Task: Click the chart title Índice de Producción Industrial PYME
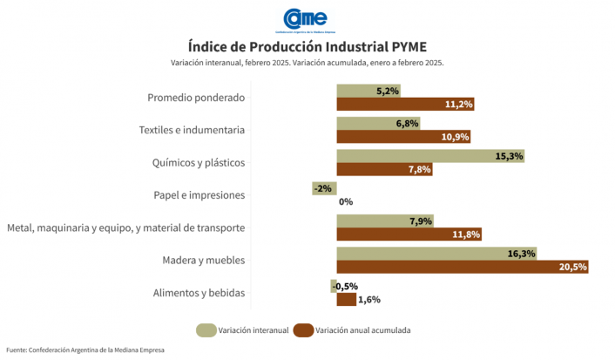[x=307, y=45]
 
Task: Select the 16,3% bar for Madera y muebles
[x=436, y=254]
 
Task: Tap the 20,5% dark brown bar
[x=462, y=267]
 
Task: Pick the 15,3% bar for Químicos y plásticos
[x=430, y=156]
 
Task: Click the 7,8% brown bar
[x=384, y=169]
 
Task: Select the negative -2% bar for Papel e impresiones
[x=324, y=188]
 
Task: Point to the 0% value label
[x=346, y=201]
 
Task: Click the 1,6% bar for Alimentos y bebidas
[x=347, y=300]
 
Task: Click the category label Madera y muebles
[x=203, y=261]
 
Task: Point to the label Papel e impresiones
[x=199, y=195]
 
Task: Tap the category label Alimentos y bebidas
[x=198, y=293]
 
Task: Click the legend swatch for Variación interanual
[x=206, y=329]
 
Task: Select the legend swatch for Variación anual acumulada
[x=303, y=329]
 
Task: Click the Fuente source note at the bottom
[x=85, y=350]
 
